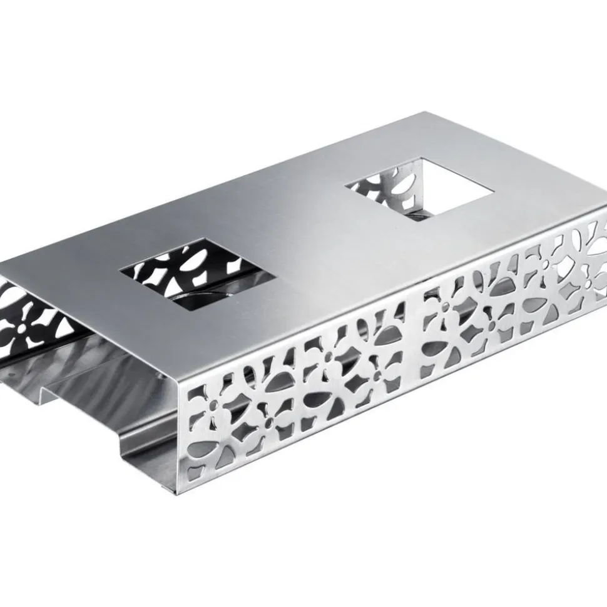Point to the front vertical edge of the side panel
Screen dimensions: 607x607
[x=188, y=438]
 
